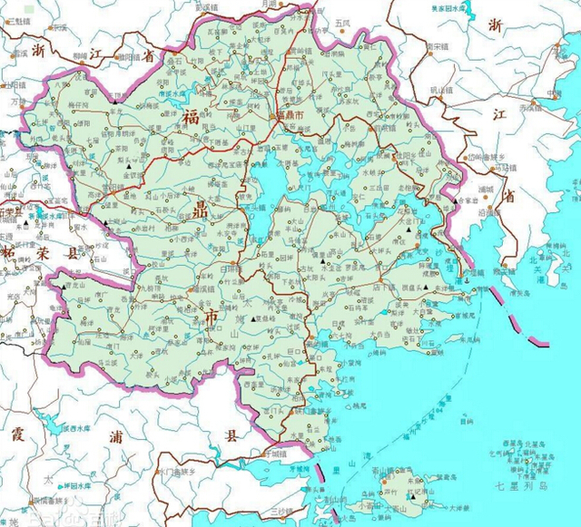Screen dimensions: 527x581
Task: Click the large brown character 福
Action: [192, 118]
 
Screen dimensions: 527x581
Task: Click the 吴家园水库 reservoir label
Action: [451, 8]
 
